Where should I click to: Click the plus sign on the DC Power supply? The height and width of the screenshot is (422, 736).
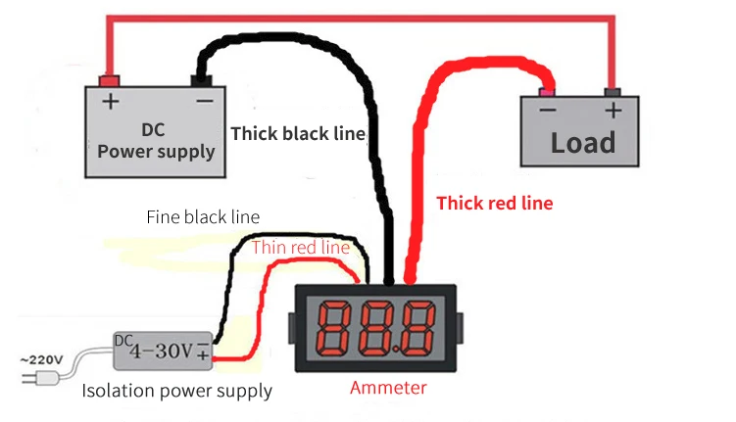111,101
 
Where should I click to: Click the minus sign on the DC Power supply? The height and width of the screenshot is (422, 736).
205,101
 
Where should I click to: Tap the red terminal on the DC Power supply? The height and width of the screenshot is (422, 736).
109,81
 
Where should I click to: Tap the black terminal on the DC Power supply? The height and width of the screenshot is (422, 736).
201,81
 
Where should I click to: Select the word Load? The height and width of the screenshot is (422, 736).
582,143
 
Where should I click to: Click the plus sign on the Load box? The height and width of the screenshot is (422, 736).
613,111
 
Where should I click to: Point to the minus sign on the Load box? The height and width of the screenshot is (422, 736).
548,111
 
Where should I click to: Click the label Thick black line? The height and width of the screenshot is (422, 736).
299,133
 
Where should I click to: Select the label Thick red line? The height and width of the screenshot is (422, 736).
495,203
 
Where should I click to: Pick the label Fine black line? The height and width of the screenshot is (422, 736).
203,217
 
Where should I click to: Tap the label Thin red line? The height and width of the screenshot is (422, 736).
301,247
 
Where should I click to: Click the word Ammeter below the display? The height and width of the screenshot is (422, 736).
388,388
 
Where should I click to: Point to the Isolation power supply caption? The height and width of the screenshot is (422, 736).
177,391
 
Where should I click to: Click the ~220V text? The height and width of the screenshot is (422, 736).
41,360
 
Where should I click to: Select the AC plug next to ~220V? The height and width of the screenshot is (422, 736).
41,378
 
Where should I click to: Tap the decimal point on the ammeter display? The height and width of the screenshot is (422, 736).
396,350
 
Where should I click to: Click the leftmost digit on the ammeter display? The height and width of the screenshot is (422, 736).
334,329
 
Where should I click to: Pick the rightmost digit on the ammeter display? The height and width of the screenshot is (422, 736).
418,329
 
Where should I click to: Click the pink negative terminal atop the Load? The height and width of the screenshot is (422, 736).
547,91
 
